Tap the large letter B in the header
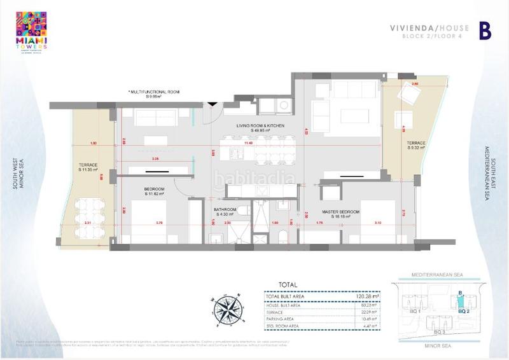coord(485,31)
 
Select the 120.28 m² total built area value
coord(365,296)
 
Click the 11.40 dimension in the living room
coord(263,144)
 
